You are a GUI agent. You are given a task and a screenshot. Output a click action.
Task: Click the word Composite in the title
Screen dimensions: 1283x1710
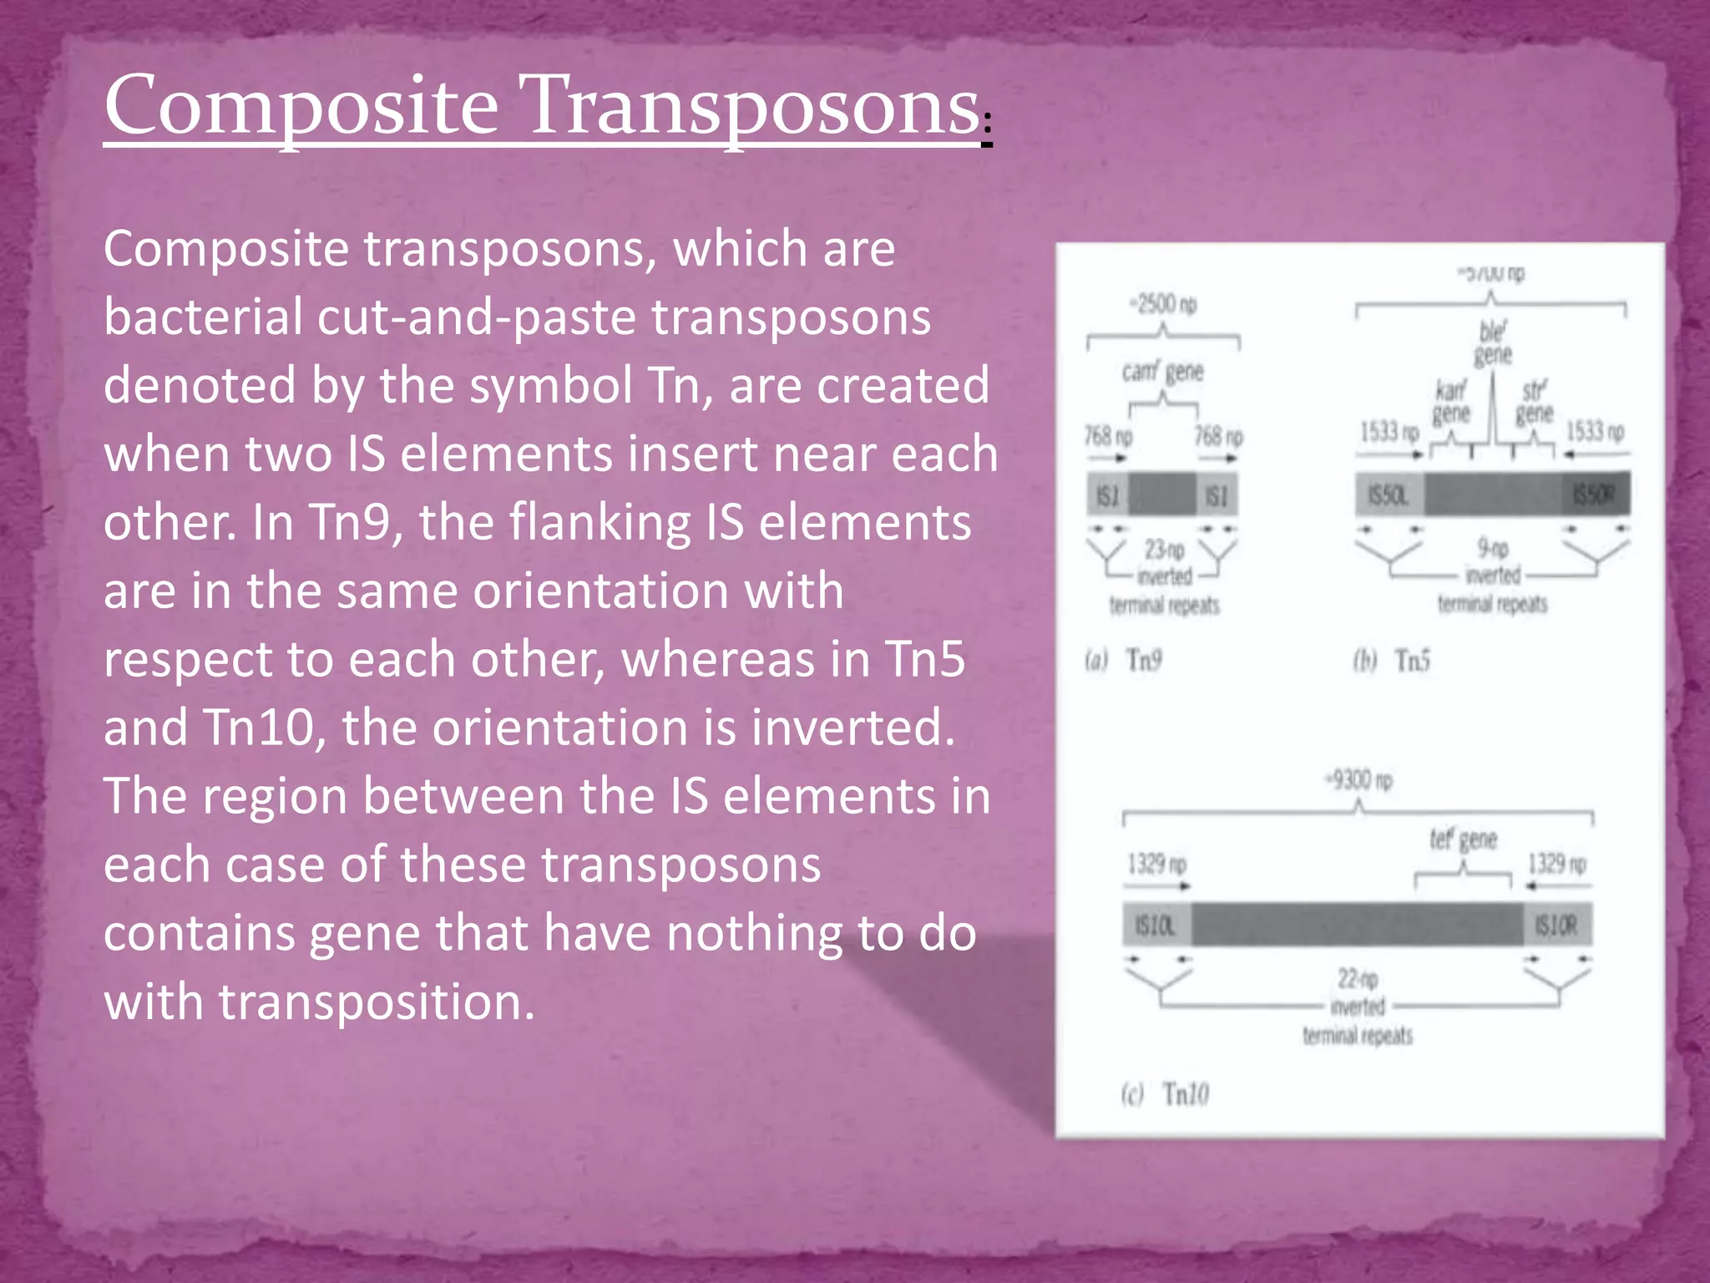(x=301, y=106)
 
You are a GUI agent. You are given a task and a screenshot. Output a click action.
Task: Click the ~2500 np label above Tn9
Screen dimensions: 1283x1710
(x=1162, y=304)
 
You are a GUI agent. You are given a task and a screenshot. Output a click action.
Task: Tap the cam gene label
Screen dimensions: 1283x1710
(x=1162, y=371)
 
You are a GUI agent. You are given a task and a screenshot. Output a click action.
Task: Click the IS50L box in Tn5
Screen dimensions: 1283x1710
(x=1389, y=495)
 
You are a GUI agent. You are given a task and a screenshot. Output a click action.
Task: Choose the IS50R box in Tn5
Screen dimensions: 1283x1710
(x=1595, y=495)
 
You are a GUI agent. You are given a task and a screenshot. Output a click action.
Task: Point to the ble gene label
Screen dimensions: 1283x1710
(x=1493, y=343)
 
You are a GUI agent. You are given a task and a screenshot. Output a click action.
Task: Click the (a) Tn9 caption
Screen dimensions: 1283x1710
(x=1124, y=660)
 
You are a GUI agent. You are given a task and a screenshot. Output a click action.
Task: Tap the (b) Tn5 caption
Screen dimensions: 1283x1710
(x=1392, y=661)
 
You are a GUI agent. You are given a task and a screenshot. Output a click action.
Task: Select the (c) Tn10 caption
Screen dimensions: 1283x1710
(x=1165, y=1093)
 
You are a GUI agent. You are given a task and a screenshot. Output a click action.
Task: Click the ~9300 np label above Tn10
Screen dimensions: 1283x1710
(x=1358, y=780)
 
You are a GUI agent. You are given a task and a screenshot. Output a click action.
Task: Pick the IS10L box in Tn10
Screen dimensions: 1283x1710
(x=1156, y=925)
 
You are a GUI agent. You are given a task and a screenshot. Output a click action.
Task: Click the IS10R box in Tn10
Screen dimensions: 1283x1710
(x=1557, y=925)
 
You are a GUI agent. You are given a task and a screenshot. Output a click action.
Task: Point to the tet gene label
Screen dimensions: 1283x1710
(x=1463, y=839)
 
